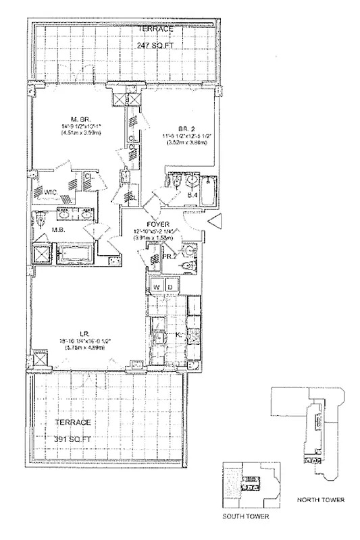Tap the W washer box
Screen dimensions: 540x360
click(x=157, y=286)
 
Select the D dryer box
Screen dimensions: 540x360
click(x=172, y=286)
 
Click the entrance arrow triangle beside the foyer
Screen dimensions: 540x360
click(x=215, y=221)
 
